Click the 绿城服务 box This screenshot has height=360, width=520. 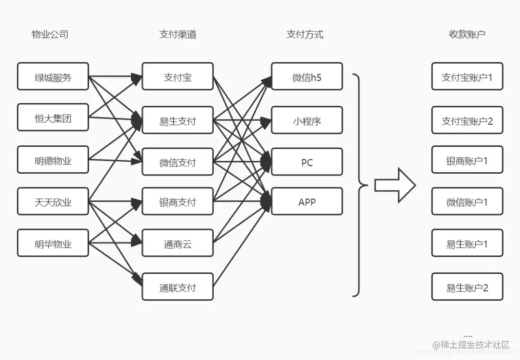(x=53, y=76)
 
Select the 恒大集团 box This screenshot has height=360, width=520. (x=53, y=117)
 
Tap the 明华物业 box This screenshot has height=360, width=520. (x=53, y=243)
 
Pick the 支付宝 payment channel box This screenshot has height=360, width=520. (x=178, y=76)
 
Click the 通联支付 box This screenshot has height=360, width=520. (x=178, y=287)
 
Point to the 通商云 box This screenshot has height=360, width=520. (x=178, y=244)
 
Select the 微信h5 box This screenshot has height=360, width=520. (x=307, y=76)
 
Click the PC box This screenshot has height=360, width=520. (x=307, y=162)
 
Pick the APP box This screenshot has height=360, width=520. (x=307, y=201)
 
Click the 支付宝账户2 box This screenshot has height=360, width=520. (x=467, y=120)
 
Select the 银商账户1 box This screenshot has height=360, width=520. (x=467, y=160)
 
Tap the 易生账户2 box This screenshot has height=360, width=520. (x=467, y=287)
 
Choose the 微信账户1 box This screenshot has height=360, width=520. (x=467, y=201)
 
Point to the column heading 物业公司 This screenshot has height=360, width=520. (x=50, y=34)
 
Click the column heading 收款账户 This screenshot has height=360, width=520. (x=467, y=34)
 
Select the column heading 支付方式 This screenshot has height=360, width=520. (x=305, y=34)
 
